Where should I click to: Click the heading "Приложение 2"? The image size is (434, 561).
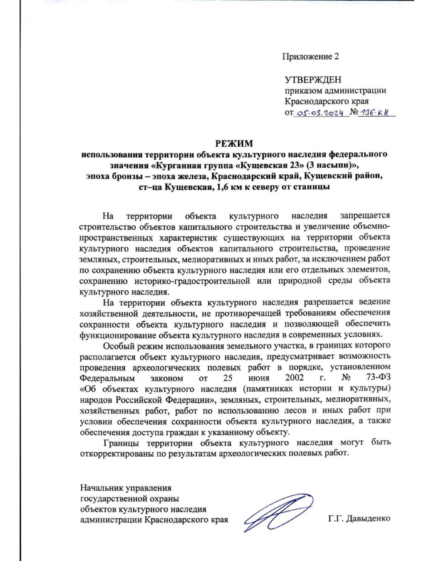tap(310, 57)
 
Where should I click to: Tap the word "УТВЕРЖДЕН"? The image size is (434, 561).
tap(313, 80)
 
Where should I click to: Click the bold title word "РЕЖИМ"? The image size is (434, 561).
tap(234, 144)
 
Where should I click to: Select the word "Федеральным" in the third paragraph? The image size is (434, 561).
tap(107, 378)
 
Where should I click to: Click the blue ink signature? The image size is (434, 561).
tap(277, 513)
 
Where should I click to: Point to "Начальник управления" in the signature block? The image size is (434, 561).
tap(125, 488)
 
